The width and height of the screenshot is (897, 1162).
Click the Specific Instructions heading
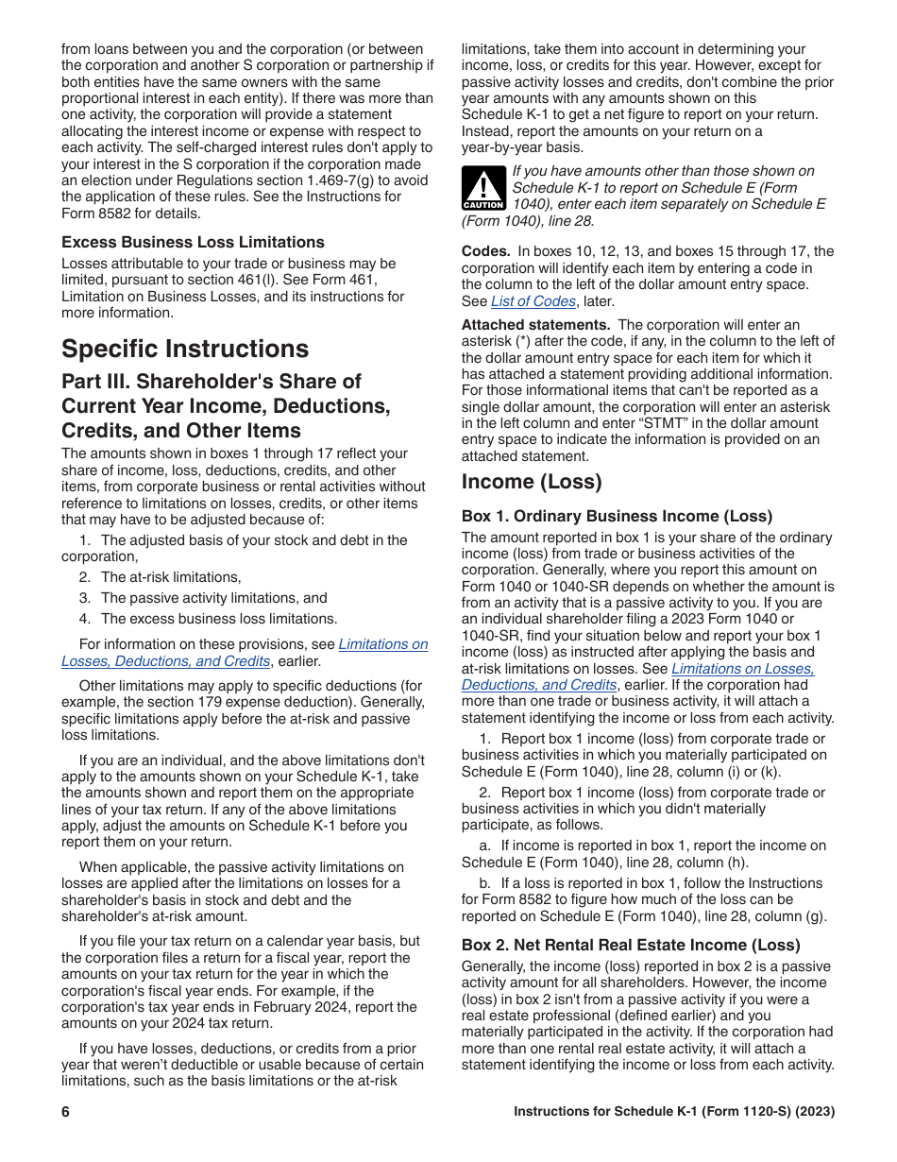coord(185,349)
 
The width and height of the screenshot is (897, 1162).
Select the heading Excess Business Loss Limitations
coord(193,242)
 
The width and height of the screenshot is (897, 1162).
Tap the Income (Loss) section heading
coord(532,482)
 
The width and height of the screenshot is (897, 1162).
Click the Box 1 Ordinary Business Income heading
coord(617,516)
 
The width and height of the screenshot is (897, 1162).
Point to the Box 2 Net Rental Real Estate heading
coord(631,945)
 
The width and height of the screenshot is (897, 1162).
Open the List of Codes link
coord(533,301)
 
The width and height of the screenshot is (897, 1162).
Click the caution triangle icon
coord(482,187)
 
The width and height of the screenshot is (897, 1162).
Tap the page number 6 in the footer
coord(66,1112)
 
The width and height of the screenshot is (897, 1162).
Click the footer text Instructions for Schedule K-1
coord(674,1112)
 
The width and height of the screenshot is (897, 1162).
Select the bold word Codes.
coord(485,251)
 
